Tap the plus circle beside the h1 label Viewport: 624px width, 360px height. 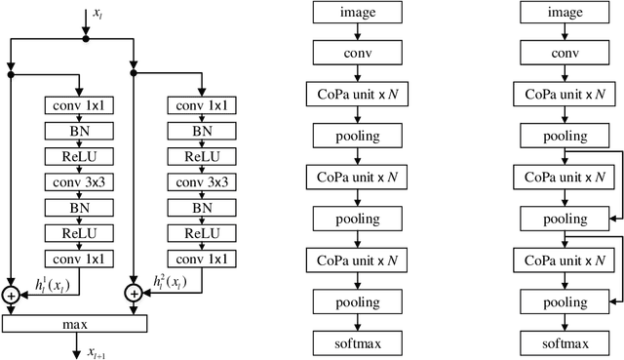12,294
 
